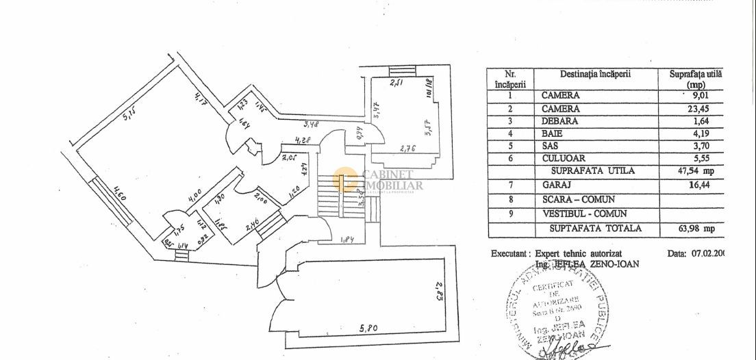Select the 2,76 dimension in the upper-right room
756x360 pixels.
click(409, 147)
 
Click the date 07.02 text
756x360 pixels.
click(705, 253)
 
